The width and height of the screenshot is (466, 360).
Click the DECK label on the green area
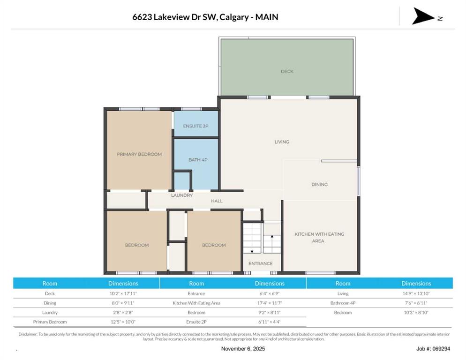pyautogui.click(x=287, y=71)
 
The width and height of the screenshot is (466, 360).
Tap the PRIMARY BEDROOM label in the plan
pyautogui.click(x=139, y=154)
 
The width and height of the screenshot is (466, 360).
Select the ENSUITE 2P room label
pyautogui.click(x=195, y=126)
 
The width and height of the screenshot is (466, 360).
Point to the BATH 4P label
pyautogui.click(x=198, y=160)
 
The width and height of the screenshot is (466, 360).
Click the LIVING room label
pyautogui.click(x=282, y=142)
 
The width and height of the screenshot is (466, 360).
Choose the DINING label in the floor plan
pyautogui.click(x=319, y=184)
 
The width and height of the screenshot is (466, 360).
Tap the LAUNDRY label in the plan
pyautogui.click(x=182, y=195)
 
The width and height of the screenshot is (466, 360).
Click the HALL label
pyautogui.click(x=217, y=201)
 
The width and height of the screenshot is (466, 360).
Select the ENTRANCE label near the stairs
pyautogui.click(x=260, y=263)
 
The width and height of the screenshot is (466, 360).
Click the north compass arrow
pyautogui.click(x=423, y=16)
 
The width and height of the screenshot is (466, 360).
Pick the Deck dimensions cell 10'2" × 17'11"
pyautogui.click(x=123, y=293)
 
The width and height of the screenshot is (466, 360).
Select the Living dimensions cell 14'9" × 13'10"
pyautogui.click(x=416, y=293)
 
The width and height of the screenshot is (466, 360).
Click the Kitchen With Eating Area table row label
pyautogui.click(x=196, y=303)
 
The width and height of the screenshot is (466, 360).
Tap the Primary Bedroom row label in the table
pyautogui.click(x=50, y=322)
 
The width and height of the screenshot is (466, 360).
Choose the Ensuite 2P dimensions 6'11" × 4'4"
pyautogui.click(x=270, y=322)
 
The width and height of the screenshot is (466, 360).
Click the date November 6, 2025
pyautogui.click(x=243, y=349)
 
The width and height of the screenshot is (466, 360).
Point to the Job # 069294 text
pyautogui.click(x=433, y=349)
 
